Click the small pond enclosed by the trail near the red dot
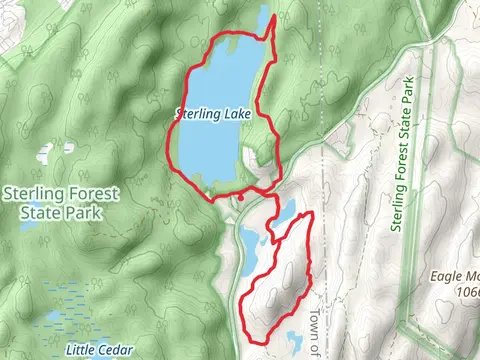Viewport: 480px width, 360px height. pos(283,211)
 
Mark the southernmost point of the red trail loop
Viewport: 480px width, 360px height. pos(262,341)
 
